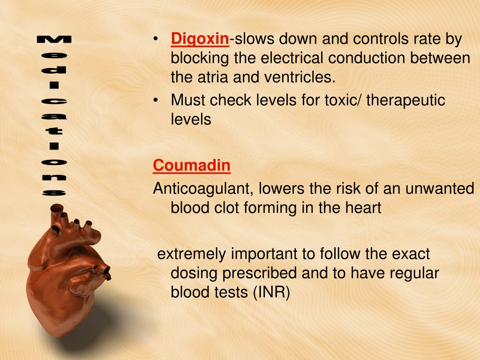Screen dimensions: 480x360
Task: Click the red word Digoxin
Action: (x=200, y=39)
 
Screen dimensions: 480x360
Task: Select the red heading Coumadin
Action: (x=192, y=165)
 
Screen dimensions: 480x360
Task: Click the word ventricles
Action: (x=300, y=77)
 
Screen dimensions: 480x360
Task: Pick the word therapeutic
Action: (x=405, y=100)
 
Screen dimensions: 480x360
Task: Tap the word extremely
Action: (x=191, y=255)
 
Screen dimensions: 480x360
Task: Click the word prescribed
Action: (x=260, y=273)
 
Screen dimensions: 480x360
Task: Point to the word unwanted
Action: (x=440, y=188)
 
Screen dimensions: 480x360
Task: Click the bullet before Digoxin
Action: (x=156, y=39)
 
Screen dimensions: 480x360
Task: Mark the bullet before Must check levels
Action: (x=156, y=100)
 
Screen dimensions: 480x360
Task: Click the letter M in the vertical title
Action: (x=54, y=39)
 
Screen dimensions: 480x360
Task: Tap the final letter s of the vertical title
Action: (x=54, y=193)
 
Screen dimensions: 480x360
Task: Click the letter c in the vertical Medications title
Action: (x=54, y=101)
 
